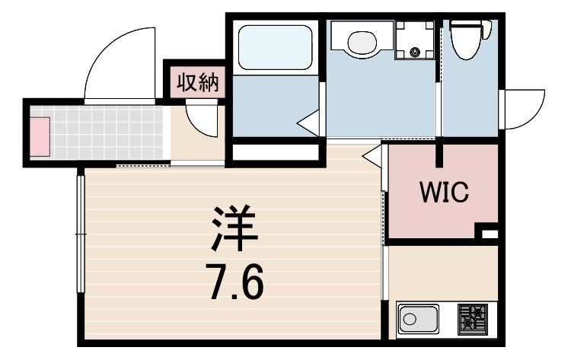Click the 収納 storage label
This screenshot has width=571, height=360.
(x=197, y=83)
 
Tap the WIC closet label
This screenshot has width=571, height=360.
(x=444, y=192)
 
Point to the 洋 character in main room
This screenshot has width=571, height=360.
(x=234, y=228)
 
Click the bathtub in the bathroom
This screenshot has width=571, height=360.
(x=275, y=47)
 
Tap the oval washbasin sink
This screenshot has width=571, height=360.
(x=362, y=43)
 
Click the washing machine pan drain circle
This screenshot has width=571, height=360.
(x=415, y=52)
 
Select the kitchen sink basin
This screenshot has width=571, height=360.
(x=418, y=320)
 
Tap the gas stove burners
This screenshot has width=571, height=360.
(x=472, y=320)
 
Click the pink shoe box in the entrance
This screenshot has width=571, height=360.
(x=40, y=137)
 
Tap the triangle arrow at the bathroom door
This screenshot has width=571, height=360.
(x=308, y=123)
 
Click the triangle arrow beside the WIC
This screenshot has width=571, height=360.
(x=372, y=156)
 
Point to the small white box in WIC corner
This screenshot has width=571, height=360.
(x=490, y=234)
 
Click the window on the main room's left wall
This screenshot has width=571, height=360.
(x=81, y=234)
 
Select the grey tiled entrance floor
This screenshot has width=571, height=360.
(x=97, y=132)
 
